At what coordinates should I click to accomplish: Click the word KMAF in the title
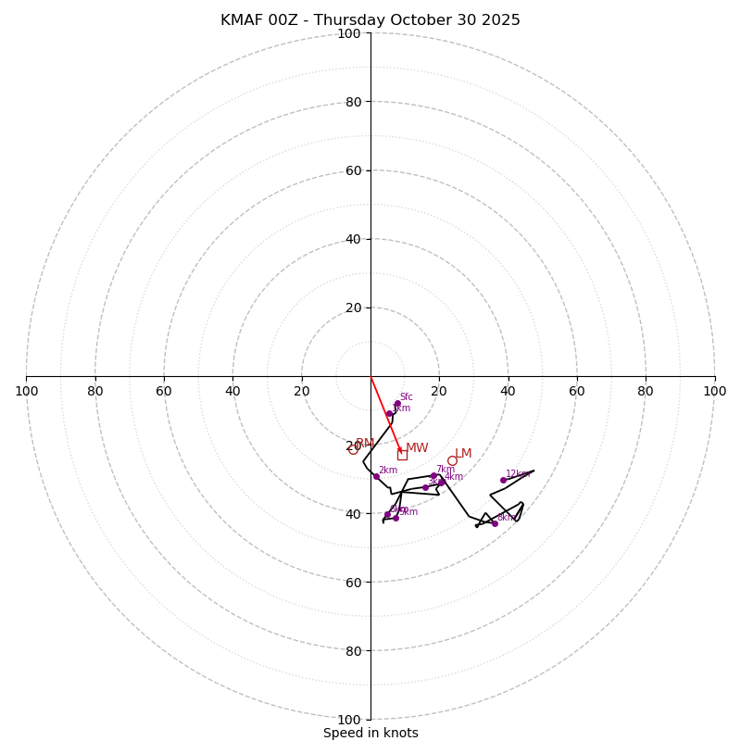point(243,20)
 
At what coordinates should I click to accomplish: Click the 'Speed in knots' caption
point(370,733)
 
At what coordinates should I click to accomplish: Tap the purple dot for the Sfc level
point(397,404)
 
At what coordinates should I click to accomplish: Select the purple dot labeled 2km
point(376,476)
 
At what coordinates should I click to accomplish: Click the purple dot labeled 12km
point(503,480)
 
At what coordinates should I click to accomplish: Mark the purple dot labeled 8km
point(495,523)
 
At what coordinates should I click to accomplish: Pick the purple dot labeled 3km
point(425,487)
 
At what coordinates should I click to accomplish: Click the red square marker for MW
point(402,455)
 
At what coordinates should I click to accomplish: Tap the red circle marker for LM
point(452,460)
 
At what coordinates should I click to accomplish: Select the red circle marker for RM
point(353,449)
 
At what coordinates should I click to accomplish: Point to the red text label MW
point(417,448)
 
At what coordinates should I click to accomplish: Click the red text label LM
point(463,454)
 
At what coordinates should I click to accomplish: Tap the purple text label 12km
point(517,474)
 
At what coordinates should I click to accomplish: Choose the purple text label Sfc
point(406,397)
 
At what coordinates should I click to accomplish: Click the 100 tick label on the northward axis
point(349,33)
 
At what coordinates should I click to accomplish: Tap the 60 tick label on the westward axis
point(164,391)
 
